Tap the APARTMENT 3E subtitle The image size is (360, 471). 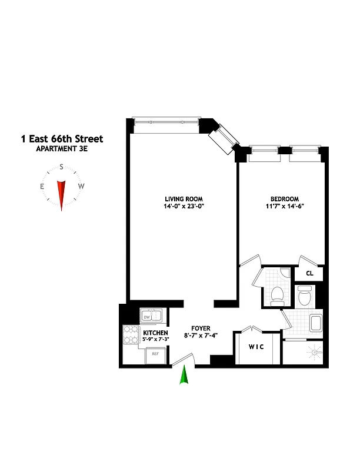[61, 149]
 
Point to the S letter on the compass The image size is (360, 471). [61, 167]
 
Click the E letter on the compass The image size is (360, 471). [42, 187]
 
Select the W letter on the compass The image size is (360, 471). [81, 187]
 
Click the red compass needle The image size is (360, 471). [61, 194]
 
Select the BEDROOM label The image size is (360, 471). [284, 198]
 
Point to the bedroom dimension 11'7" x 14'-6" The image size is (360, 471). [284, 207]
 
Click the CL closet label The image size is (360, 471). [310, 273]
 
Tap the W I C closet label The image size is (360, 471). [256, 347]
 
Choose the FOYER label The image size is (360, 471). [201, 329]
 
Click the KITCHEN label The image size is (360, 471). [155, 333]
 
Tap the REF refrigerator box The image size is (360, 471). [155, 354]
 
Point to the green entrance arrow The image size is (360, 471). [185, 375]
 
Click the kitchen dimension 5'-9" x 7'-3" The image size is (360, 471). [155, 340]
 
